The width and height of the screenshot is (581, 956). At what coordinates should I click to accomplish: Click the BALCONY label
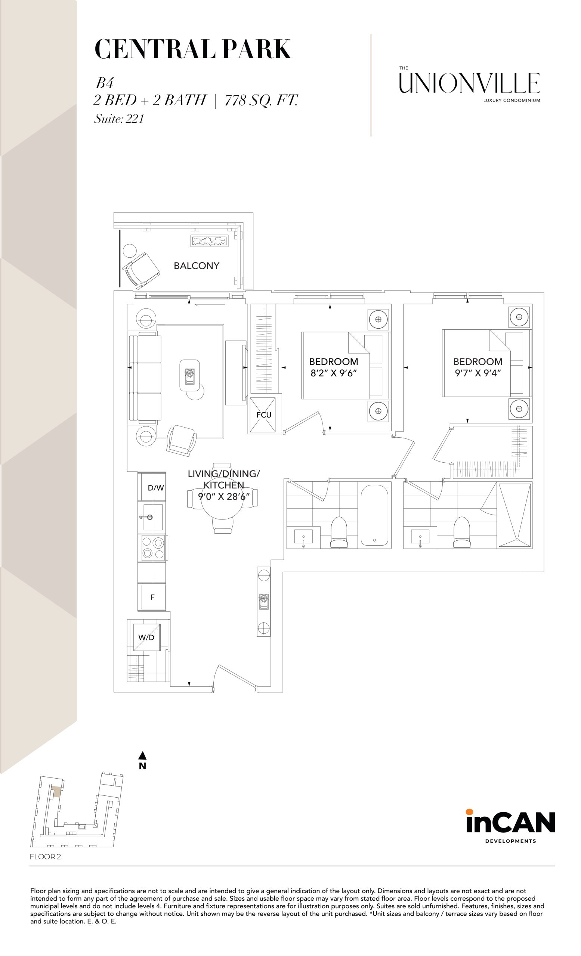[x=197, y=266]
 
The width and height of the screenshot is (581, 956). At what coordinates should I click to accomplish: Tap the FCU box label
[x=263, y=415]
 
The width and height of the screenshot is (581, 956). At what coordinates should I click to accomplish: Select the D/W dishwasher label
[x=156, y=488]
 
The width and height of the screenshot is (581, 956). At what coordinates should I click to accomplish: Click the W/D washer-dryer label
[x=146, y=637]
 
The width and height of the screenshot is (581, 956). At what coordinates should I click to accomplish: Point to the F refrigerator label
[x=152, y=597]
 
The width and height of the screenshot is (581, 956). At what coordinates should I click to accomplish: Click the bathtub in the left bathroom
[x=374, y=515]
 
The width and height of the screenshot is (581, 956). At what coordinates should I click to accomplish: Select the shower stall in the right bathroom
[x=514, y=515]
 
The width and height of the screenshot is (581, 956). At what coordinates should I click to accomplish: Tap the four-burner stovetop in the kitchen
[x=153, y=547]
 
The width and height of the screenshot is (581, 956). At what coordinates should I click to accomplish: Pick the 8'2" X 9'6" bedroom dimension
[x=333, y=373]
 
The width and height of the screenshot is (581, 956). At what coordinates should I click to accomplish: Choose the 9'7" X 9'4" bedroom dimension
[x=478, y=373]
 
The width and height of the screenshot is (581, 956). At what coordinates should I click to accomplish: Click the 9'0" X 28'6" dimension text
[x=223, y=496]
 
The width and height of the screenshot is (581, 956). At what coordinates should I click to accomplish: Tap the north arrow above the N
[x=142, y=755]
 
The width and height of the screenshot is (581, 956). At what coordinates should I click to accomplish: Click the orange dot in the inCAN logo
[x=469, y=812]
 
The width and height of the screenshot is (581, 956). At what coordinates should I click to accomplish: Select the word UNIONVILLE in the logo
[x=469, y=83]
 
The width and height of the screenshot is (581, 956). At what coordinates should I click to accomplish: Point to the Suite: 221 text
[x=119, y=118]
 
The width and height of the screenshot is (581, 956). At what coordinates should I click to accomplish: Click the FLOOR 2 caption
[x=46, y=857]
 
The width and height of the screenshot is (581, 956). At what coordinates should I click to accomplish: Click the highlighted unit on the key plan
[x=57, y=791]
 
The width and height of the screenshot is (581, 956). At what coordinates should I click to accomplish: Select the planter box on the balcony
[x=209, y=240]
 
